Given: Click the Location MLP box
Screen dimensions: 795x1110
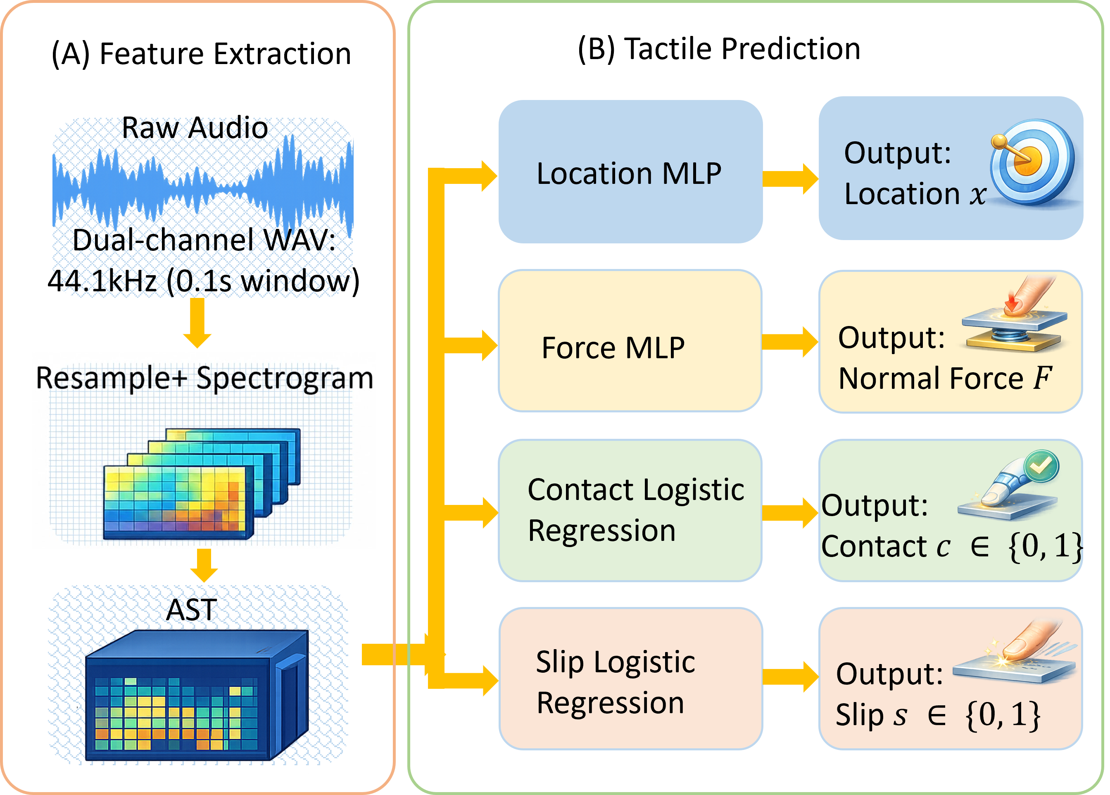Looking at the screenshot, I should coord(630,172).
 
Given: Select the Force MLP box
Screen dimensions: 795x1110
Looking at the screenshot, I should coord(630,341).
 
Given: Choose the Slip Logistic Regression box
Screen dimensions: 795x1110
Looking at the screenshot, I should coord(630,679).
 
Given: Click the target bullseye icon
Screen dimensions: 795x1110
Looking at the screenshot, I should coord(1033,162).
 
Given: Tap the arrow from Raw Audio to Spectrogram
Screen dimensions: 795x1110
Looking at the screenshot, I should coord(197,323).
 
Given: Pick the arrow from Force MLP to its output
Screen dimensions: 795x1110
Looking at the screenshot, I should coord(790,342).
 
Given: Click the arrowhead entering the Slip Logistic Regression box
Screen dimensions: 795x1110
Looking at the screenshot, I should coord(490,681).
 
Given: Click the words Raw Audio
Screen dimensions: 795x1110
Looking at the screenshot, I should coord(195,128).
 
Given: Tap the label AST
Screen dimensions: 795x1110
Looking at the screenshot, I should coord(191,610).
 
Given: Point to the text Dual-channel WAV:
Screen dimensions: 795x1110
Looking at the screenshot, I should coord(204,240).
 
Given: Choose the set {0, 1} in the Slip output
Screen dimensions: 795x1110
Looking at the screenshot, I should coord(1003,715).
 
